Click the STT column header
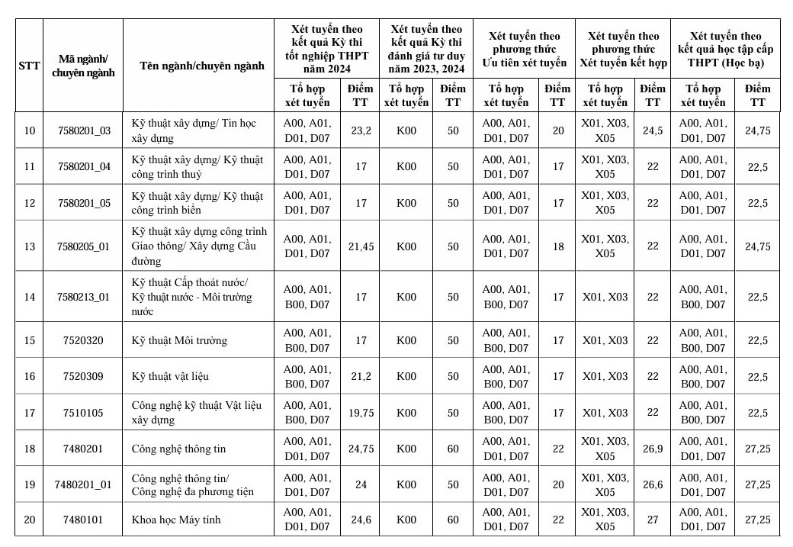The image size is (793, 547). [x=29, y=66]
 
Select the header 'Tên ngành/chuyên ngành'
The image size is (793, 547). [x=202, y=66]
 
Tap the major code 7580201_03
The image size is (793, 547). [x=84, y=131]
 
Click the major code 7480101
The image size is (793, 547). [x=84, y=520]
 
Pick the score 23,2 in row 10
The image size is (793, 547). [x=361, y=131]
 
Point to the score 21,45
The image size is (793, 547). [x=361, y=246]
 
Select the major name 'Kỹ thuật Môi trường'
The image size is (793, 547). [x=179, y=340]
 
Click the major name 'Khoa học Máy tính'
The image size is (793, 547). [x=176, y=520]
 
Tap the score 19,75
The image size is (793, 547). [x=361, y=413]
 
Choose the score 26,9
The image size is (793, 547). [x=652, y=449]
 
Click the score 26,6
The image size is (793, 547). [x=652, y=484]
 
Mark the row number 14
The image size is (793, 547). [x=29, y=297]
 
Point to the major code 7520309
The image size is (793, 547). [x=84, y=376]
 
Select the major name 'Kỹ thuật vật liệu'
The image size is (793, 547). [x=170, y=376]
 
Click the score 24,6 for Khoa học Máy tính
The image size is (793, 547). [x=361, y=520]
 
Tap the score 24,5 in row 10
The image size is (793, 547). [x=652, y=131]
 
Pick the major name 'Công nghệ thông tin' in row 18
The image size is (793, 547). [x=178, y=449]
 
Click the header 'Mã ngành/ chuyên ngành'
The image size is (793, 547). [x=84, y=66]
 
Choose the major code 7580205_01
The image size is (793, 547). [x=84, y=246]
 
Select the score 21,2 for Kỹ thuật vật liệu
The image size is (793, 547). [x=361, y=376]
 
